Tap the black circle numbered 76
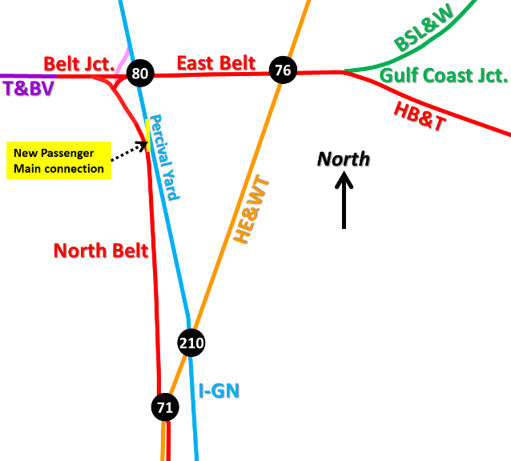point(282,70)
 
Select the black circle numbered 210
point(191,344)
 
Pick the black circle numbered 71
point(165,407)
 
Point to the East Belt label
point(216,63)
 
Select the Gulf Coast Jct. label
point(444,77)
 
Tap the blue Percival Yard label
point(166,157)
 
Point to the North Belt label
point(101,251)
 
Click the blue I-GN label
point(219,391)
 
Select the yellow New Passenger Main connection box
point(58,161)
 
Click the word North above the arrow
point(344,158)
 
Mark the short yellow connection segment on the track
point(148,134)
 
